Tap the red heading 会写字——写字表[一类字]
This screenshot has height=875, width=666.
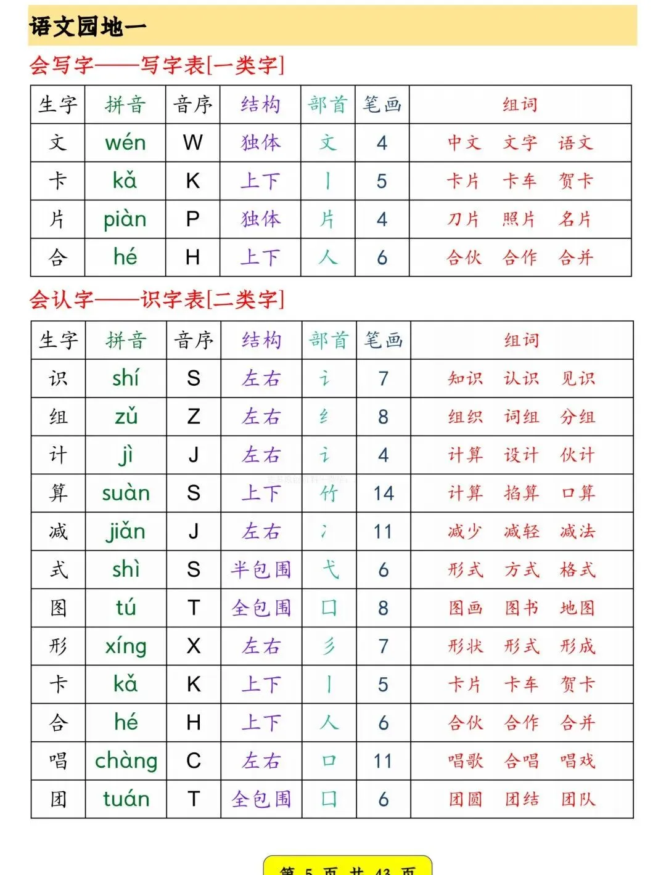[157, 65]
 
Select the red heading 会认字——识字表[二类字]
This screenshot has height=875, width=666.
[157, 300]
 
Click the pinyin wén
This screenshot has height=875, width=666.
[125, 143]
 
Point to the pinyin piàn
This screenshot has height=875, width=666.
[125, 219]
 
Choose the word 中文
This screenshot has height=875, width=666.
[464, 143]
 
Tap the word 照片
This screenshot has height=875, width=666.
[519, 219]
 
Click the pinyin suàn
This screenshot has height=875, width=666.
[126, 493]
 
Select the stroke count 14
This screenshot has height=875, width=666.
[383, 493]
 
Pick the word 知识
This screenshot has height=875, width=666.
[466, 378]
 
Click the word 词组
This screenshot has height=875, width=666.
[522, 417]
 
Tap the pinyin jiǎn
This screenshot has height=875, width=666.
[126, 531]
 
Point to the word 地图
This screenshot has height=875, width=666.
[578, 608]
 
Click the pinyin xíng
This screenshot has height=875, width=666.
[126, 646]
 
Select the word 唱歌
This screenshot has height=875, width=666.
[466, 761]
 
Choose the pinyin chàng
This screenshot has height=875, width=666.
[126, 761]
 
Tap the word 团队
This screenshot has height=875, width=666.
[578, 799]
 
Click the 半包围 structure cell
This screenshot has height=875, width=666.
[261, 570]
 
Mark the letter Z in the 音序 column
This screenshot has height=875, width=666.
[194, 417]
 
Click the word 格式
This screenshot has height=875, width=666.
[578, 570]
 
